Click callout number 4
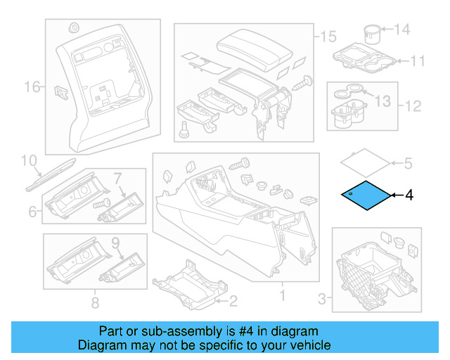click(x=409, y=195)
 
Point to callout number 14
click(x=401, y=30)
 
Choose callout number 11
click(x=418, y=61)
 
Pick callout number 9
click(x=117, y=244)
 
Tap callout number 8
click(x=94, y=303)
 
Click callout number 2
click(x=234, y=302)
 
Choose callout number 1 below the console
click(x=283, y=297)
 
